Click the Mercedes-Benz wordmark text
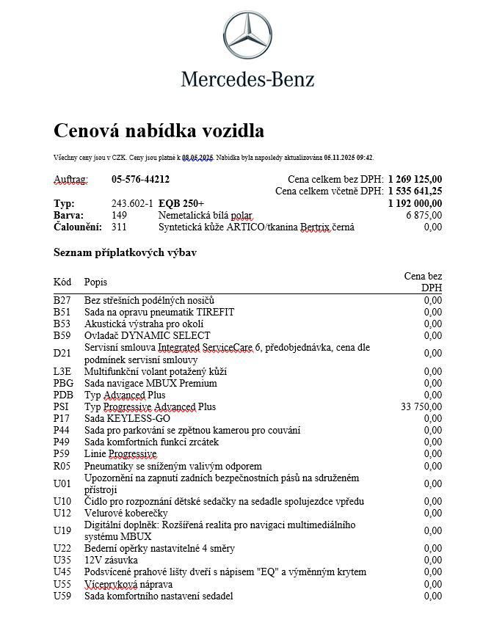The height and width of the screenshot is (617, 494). (247, 79)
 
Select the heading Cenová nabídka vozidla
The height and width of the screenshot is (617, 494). (159, 131)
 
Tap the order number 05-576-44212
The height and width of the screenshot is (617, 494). (140, 179)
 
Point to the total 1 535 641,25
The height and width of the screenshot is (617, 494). (415, 191)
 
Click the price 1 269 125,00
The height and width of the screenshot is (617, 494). (415, 179)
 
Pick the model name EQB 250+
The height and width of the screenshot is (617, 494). (181, 203)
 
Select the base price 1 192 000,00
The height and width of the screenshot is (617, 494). (415, 203)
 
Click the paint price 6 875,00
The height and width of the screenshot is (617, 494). (424, 215)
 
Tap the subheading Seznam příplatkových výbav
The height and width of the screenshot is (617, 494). (124, 252)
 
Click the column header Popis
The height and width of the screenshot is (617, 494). (95, 282)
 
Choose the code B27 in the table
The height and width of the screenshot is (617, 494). (62, 300)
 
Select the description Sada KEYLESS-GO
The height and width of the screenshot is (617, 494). (126, 418)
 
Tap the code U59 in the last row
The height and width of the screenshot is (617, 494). (62, 596)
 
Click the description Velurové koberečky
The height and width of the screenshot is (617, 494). (126, 513)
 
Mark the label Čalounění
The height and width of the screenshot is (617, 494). (77, 227)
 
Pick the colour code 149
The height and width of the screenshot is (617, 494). (119, 215)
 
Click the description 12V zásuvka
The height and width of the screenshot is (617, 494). (111, 561)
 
